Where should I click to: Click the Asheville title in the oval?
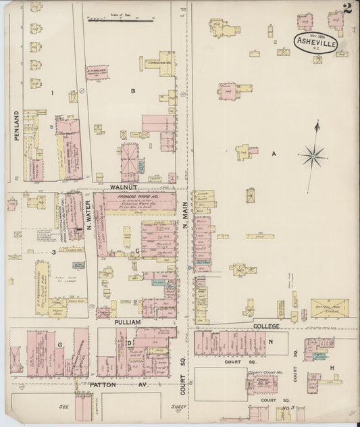[316, 43]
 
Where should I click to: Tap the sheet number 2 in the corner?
[346, 9]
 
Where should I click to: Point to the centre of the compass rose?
[313, 157]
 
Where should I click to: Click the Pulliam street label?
[127, 322]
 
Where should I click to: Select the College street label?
[266, 326]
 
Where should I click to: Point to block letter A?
[274, 154]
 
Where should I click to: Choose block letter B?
[133, 91]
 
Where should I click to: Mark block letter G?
[60, 345]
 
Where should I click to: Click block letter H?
[332, 368]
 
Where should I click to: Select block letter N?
[270, 342]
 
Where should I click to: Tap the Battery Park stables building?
[330, 308]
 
